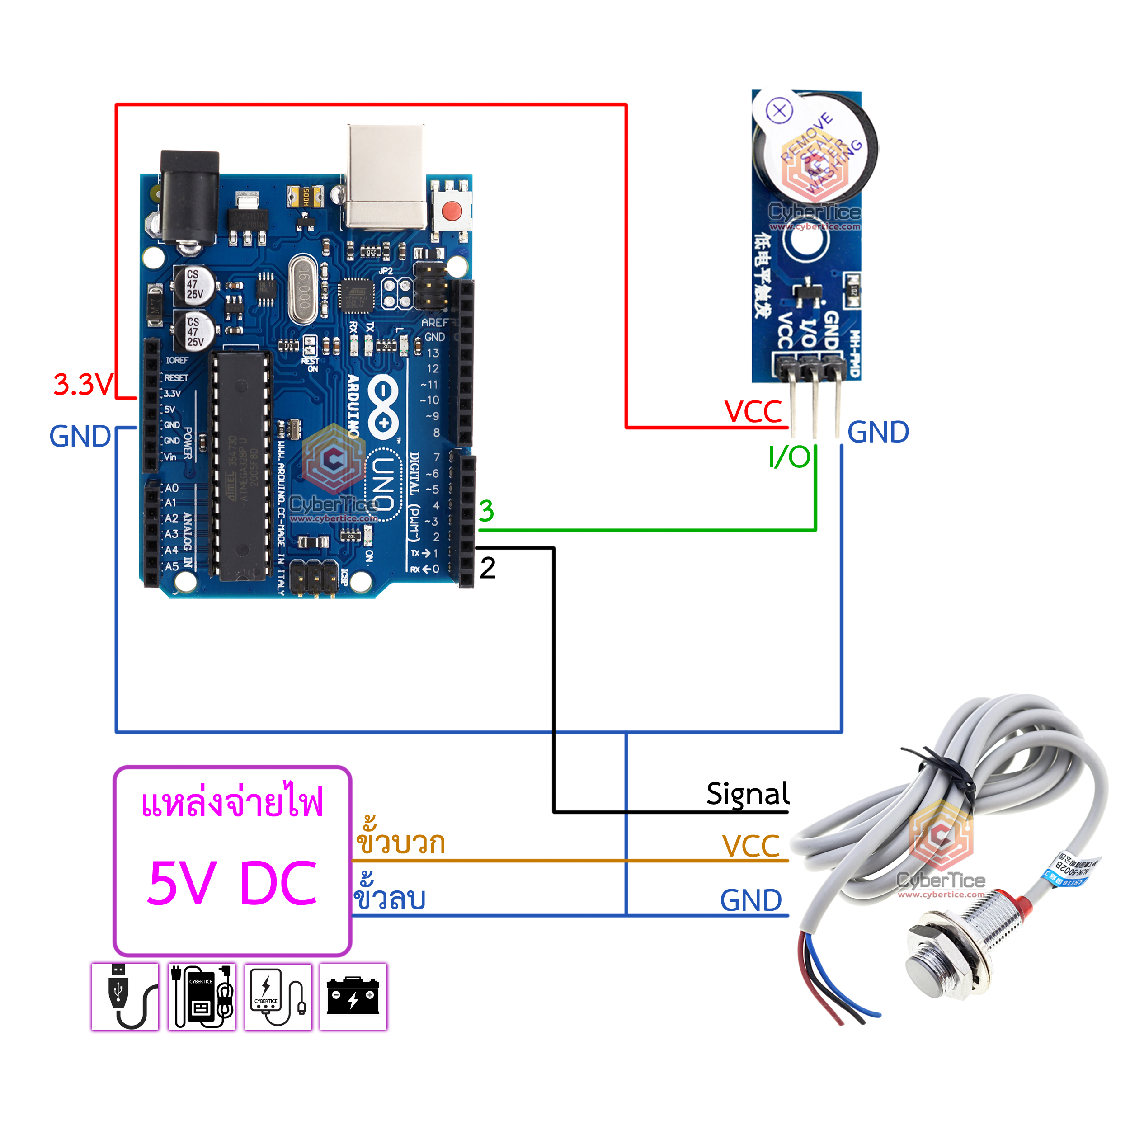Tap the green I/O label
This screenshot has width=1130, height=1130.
tap(790, 457)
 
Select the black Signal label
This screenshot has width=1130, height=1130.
tap(748, 794)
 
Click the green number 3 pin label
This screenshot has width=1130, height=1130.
tap(486, 511)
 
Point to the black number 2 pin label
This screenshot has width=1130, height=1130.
tap(487, 568)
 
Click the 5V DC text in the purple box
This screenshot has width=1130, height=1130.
tap(232, 883)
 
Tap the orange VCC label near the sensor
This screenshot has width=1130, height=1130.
tap(751, 846)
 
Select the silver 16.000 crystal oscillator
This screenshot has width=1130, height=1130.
tap(303, 291)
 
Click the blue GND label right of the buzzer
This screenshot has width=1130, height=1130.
tap(878, 432)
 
